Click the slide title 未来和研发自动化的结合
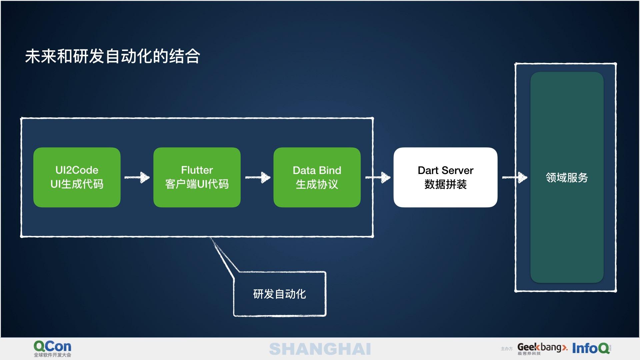coord(113,56)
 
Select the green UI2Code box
coord(77,177)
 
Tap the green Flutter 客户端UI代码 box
coord(197,177)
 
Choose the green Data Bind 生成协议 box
coord(317,177)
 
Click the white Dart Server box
coord(445,177)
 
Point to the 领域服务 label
coord(567,178)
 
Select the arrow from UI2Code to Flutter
coord(137,177)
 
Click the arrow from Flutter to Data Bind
coord(258,177)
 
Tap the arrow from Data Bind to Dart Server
coord(378,177)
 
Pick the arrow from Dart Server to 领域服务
coord(515,177)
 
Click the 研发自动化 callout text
coord(279,294)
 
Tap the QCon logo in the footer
coord(52,346)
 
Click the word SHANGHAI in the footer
coord(320,349)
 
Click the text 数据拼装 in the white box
coord(445,184)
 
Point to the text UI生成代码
coord(77,184)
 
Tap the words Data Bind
coord(317,170)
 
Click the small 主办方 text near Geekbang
coord(506,349)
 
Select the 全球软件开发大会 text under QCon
coord(52,355)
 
